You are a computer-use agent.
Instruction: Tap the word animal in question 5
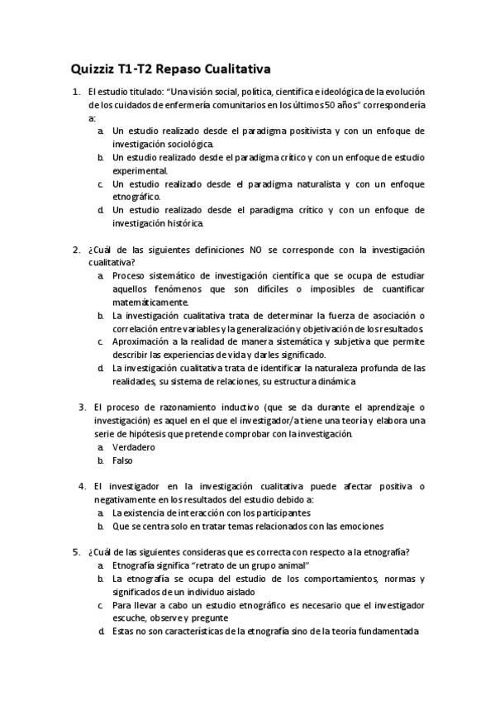(289, 565)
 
